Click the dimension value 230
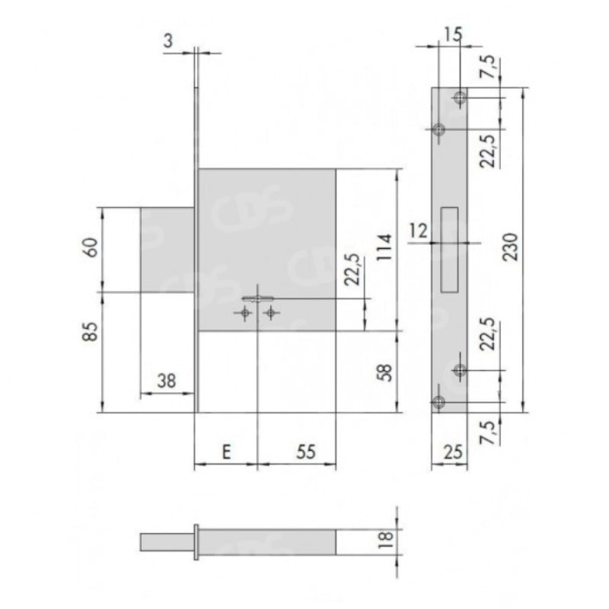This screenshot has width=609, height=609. pyautogui.click(x=510, y=247)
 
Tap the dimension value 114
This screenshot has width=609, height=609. pyautogui.click(x=385, y=247)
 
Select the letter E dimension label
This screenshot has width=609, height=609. pyautogui.click(x=226, y=451)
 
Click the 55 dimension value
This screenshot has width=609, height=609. pyautogui.click(x=306, y=451)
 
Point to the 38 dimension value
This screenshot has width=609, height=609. pyautogui.click(x=167, y=381)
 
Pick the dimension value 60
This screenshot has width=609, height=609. pyautogui.click(x=91, y=247)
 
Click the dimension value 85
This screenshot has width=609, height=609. pyautogui.click(x=91, y=332)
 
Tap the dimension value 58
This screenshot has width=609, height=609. pyautogui.click(x=385, y=372)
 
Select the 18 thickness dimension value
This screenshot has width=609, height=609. pyautogui.click(x=387, y=540)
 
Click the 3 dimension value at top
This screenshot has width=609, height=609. pyautogui.click(x=167, y=41)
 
